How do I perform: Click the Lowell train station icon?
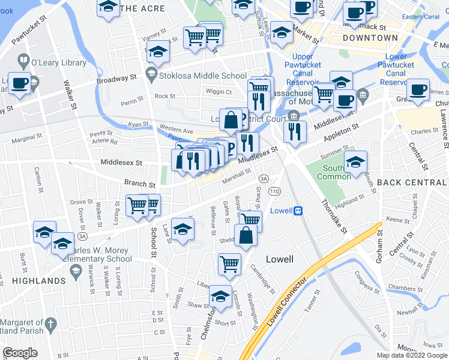pyautogui.click(x=298, y=211)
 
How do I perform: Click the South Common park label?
pyautogui.click(x=337, y=173)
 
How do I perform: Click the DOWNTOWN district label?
pyautogui.click(x=370, y=38)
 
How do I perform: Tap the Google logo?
pyautogui.click(x=20, y=352)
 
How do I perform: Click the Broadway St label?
pyautogui.click(x=117, y=80)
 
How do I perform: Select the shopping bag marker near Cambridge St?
pyautogui.click(x=246, y=234)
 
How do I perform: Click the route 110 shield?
pyautogui.click(x=275, y=191)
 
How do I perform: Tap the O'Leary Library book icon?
pyautogui.click(x=23, y=61)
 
